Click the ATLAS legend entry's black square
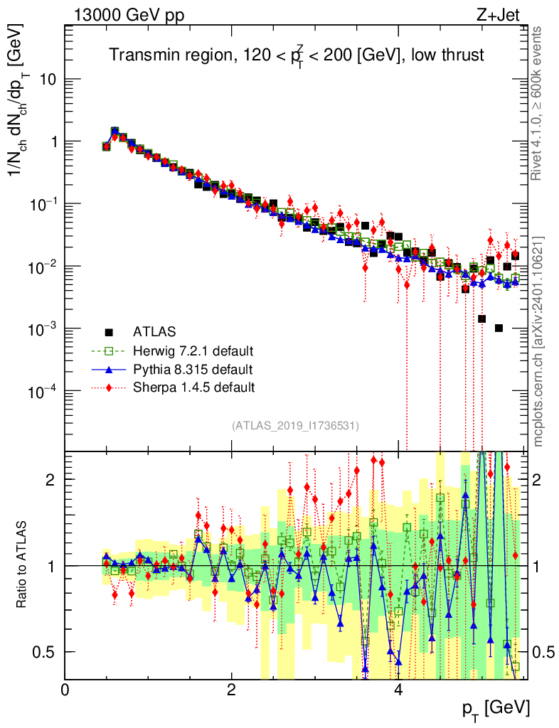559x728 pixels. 109,331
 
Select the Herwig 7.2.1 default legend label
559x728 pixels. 193,350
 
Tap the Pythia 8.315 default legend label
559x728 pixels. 192,369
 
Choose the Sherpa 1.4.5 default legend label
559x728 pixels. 193,387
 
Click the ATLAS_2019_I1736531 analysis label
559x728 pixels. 295,426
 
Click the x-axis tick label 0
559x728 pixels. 65,690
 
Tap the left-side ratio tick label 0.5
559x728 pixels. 46,652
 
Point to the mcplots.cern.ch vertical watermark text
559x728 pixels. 538,341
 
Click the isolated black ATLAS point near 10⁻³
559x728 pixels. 499,328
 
